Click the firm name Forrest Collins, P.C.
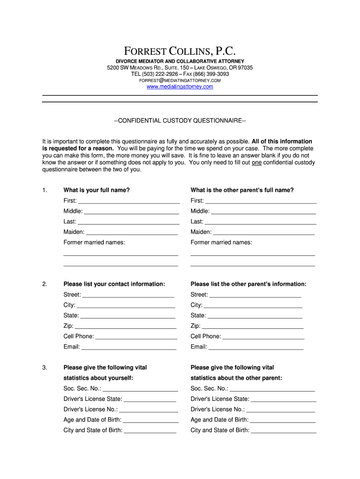[180, 51]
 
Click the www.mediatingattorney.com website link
[180, 87]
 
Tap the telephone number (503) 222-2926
[160, 74]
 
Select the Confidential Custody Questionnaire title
[180, 121]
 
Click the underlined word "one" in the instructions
[256, 163]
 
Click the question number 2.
[44, 284]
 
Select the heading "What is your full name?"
[96, 190]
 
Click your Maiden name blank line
[132, 232]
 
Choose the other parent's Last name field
[260, 222]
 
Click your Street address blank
[128, 295]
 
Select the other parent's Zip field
[252, 326]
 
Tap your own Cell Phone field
[136, 336]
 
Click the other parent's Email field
[256, 347]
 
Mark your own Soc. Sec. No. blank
[140, 389]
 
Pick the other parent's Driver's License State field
[283, 399]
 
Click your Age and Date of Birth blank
[151, 420]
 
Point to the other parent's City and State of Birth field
[284, 430]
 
